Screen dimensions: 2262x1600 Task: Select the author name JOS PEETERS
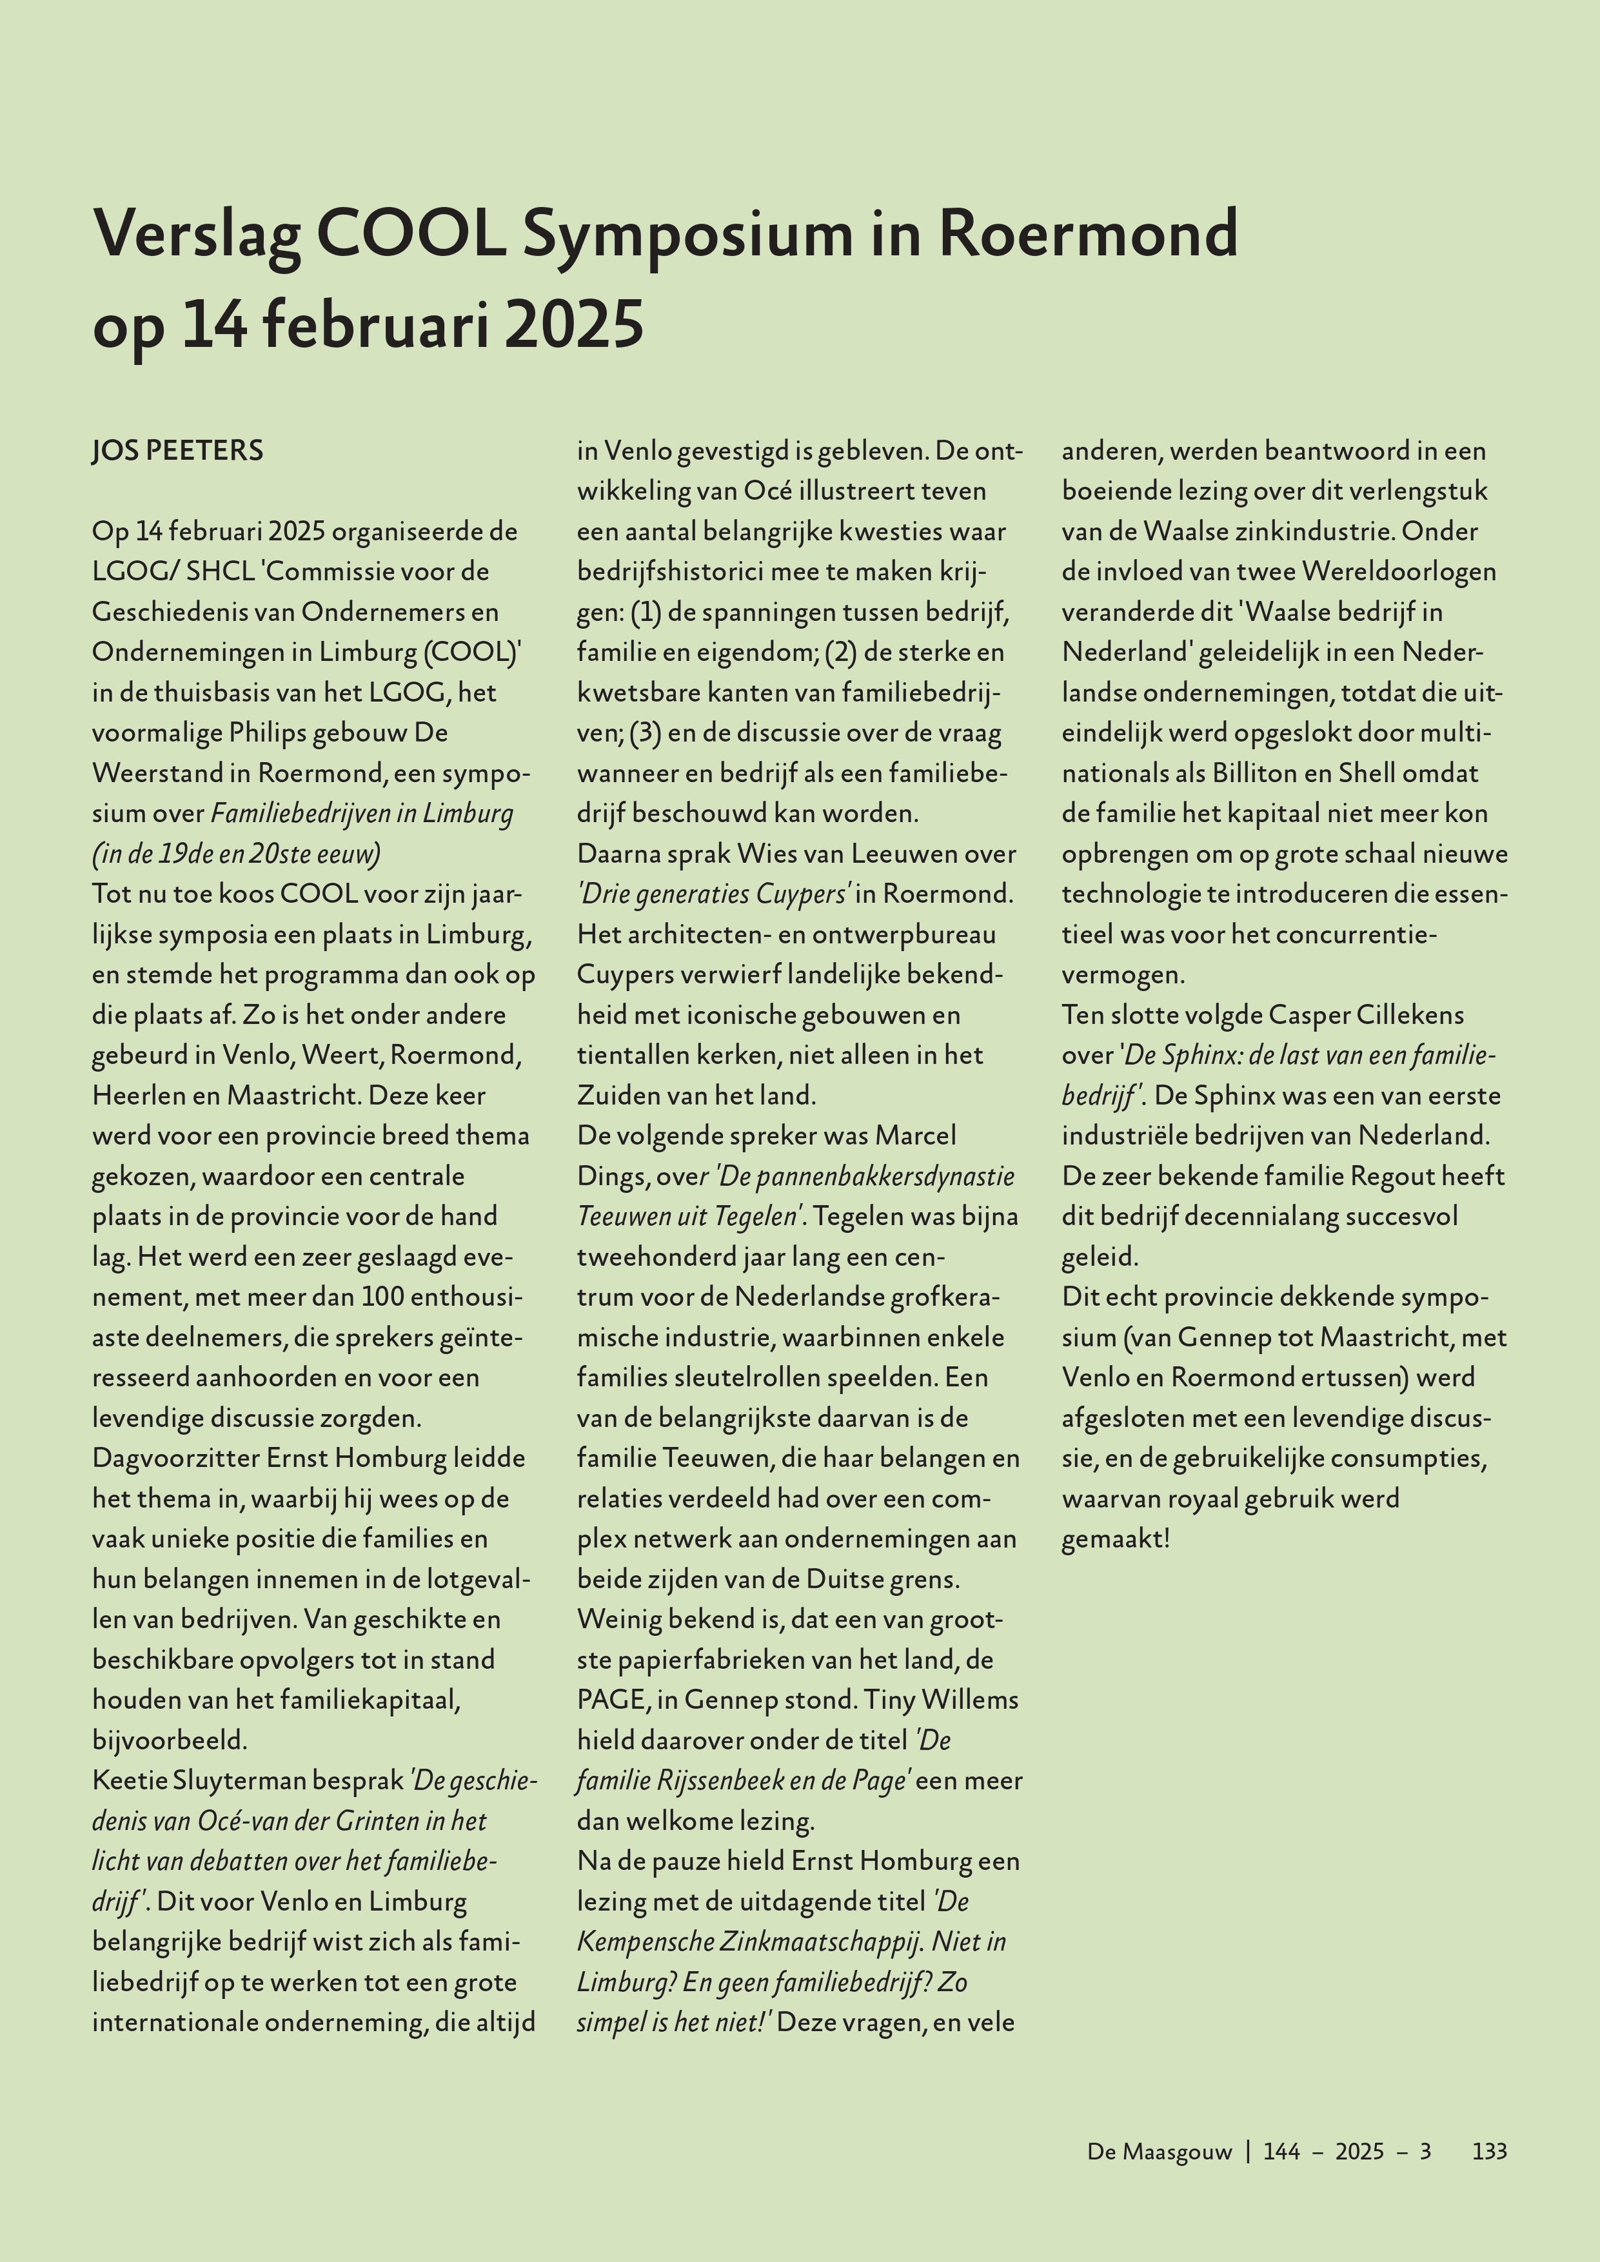click(177, 451)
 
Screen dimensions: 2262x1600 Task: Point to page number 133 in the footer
click(1488, 2150)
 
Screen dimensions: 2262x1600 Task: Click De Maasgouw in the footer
click(1160, 2150)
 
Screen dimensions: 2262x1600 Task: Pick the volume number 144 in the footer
click(1282, 2150)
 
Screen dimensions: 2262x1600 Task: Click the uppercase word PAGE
click(610, 1700)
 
